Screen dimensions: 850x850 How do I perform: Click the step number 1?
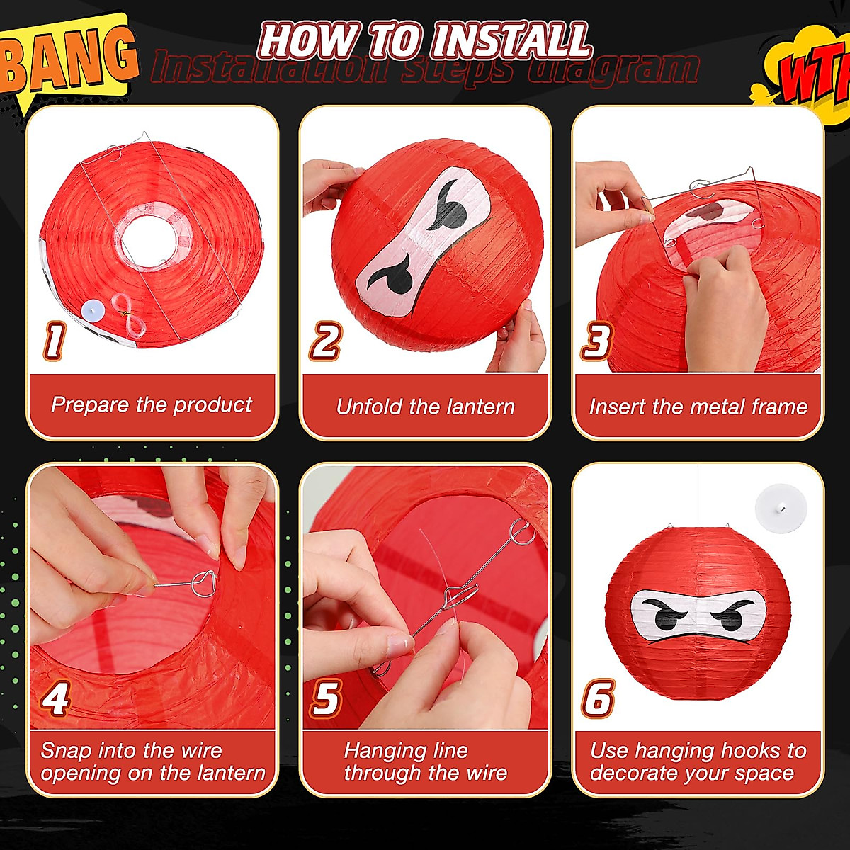click(x=54, y=341)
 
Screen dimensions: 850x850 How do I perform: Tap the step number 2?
click(x=325, y=341)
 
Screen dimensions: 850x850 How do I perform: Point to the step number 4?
click(x=55, y=700)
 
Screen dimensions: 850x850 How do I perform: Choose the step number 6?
click(x=598, y=698)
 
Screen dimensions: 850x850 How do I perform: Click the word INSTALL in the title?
click(x=510, y=40)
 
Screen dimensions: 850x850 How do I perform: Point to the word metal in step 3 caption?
click(x=719, y=407)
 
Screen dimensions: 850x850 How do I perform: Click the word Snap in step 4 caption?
click(x=67, y=750)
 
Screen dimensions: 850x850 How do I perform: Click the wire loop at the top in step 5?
click(x=521, y=531)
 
